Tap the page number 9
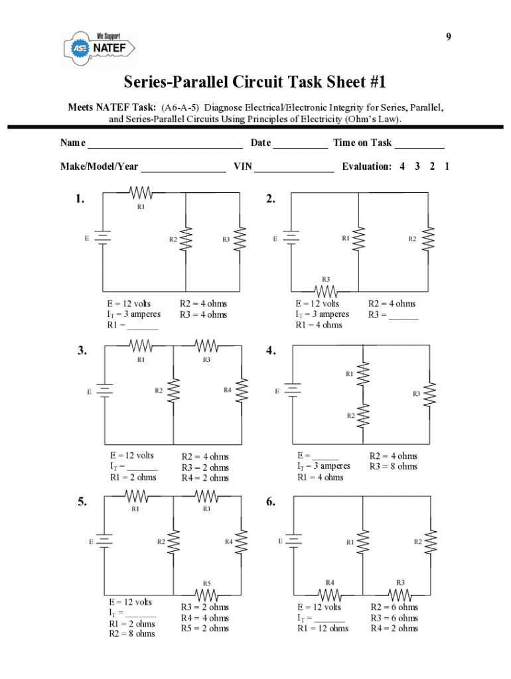[x=449, y=37]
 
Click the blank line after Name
[x=165, y=145]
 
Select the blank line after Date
[x=300, y=145]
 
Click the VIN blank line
[x=294, y=168]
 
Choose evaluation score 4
[x=402, y=166]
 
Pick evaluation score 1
[x=447, y=166]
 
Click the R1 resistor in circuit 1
[x=141, y=193]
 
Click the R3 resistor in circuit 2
[x=326, y=290]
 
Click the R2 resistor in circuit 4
[x=362, y=416]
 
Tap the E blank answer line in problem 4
[x=325, y=458]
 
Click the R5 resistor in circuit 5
[x=207, y=593]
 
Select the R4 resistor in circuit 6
[x=330, y=593]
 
